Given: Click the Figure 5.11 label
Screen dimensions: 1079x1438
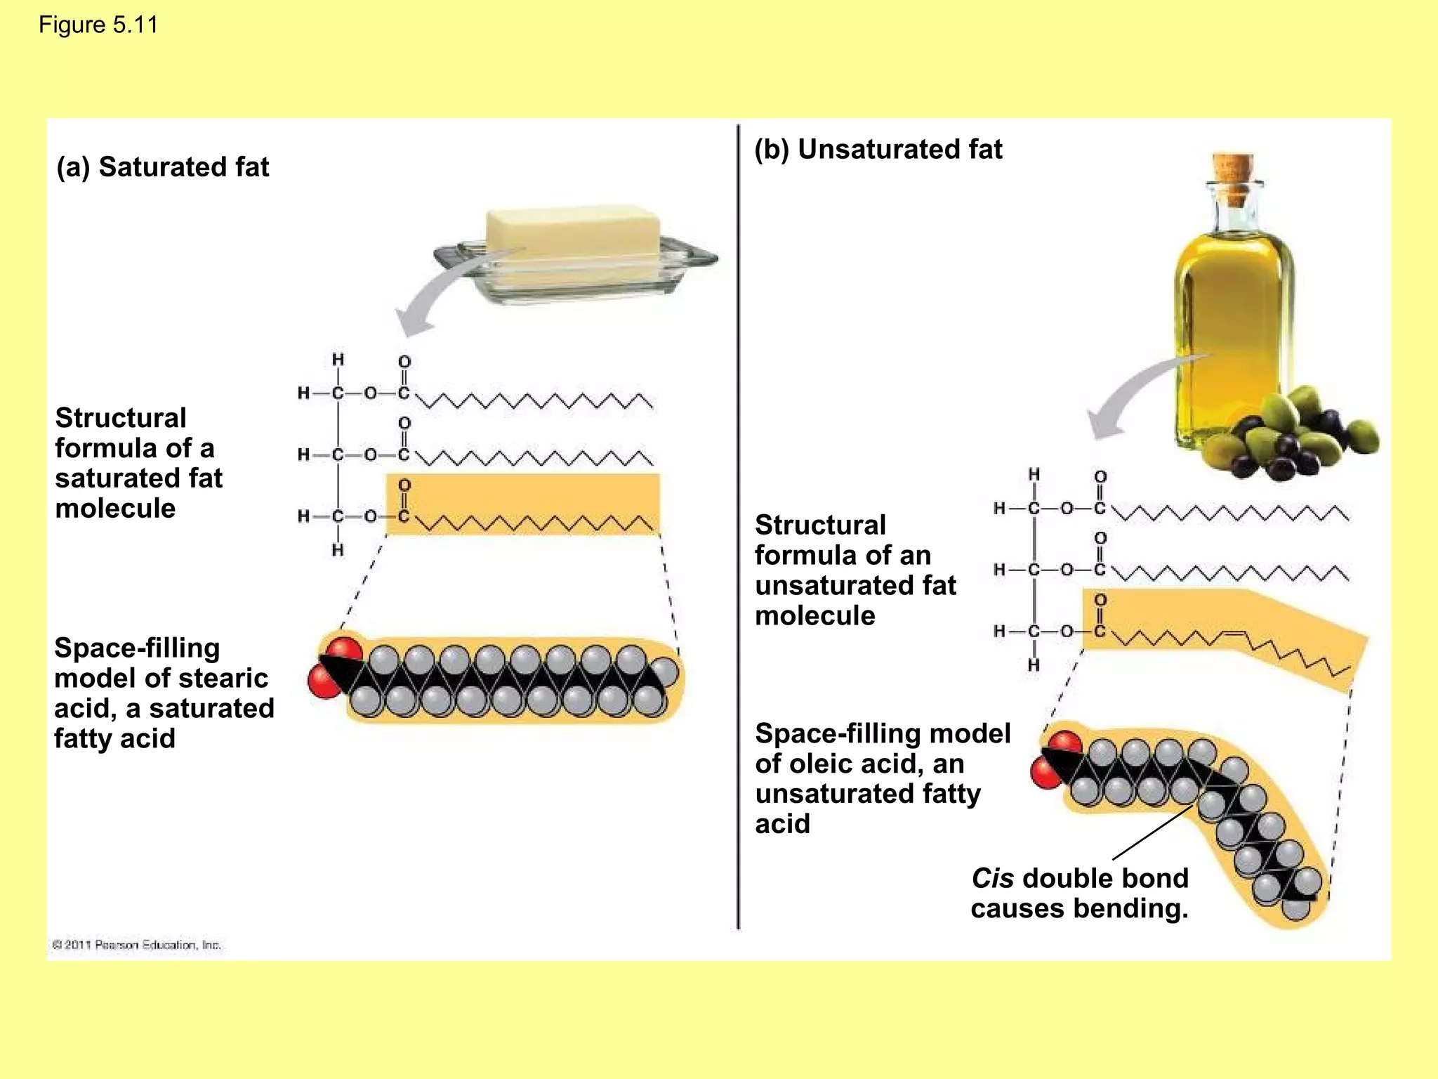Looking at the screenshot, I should [x=98, y=25].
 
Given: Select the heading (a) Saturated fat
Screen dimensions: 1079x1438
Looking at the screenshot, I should [x=162, y=167].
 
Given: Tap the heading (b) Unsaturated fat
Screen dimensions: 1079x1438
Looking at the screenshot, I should [x=878, y=150].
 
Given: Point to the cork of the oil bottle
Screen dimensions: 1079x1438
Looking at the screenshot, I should [x=1234, y=169].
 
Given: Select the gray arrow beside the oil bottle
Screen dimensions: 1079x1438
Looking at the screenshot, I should [x=1130, y=400].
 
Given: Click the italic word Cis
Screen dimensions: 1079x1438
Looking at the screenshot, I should [x=992, y=879].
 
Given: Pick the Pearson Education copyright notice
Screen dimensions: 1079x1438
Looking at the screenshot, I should [x=137, y=945].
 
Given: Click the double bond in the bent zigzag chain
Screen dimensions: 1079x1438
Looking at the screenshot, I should [x=1233, y=635].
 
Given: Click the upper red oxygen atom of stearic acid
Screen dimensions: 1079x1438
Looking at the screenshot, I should [x=343, y=650].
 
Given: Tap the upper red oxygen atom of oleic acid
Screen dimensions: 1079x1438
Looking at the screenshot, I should [x=1065, y=743].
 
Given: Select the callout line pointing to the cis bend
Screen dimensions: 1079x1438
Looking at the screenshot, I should [x=1152, y=832].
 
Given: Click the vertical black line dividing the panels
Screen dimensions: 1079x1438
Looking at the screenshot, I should [x=738, y=527].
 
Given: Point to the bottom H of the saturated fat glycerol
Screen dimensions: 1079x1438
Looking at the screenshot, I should [x=338, y=550].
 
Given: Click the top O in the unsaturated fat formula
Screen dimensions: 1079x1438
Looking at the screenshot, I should [x=1100, y=477].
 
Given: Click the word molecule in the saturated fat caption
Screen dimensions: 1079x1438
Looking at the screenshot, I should [x=115, y=509].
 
